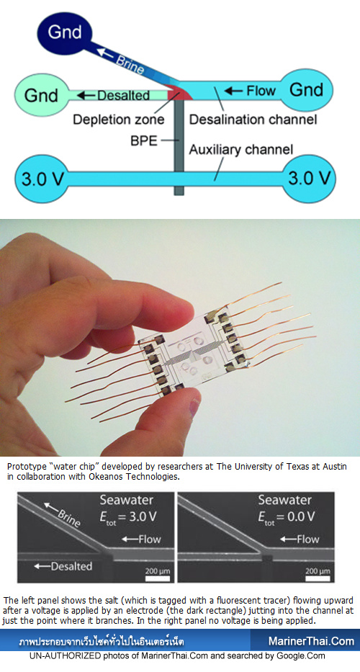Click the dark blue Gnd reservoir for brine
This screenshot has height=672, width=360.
[x=65, y=32]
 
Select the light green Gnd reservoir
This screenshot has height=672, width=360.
[x=41, y=95]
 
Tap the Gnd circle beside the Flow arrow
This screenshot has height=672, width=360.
[x=306, y=90]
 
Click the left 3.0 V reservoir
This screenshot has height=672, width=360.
[x=41, y=179]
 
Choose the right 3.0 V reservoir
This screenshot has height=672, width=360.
[x=310, y=179]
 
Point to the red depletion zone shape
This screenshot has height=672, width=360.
[x=179, y=93]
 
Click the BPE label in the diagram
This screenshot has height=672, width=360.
[x=144, y=140]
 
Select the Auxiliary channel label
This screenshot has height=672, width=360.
[x=241, y=150]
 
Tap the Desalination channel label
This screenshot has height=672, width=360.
[x=253, y=119]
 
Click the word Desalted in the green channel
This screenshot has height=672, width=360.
[x=123, y=95]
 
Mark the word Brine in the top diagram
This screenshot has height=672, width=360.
[x=128, y=64]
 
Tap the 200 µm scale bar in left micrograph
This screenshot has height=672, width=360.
[x=158, y=578]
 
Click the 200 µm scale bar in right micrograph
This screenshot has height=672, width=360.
[x=318, y=578]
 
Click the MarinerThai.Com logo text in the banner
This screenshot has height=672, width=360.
[x=312, y=641]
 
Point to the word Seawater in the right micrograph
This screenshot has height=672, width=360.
[x=285, y=500]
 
